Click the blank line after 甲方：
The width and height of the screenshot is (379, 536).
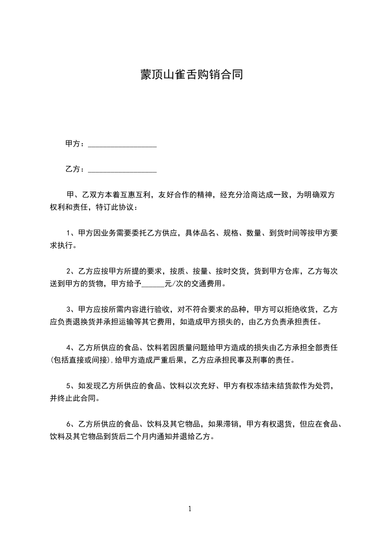pyautogui.click(x=122, y=144)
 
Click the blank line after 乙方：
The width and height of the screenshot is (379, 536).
pyautogui.click(x=122, y=169)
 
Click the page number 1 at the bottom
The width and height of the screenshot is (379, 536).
pyautogui.click(x=190, y=509)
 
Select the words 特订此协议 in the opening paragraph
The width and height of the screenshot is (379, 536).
pyautogui.click(x=117, y=208)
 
